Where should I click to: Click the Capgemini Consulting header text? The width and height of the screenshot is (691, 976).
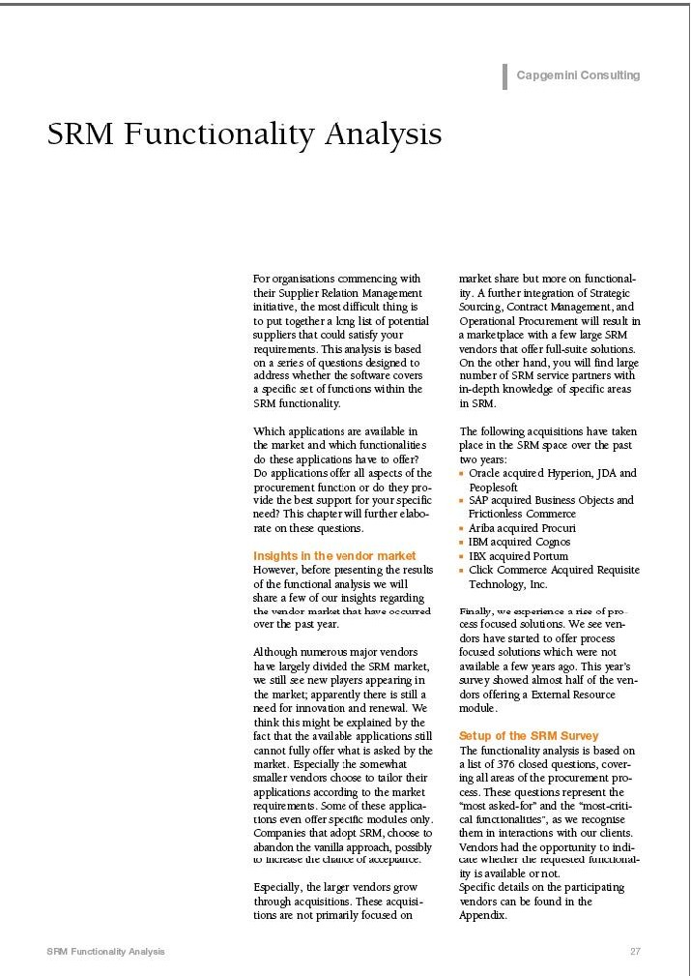(x=578, y=75)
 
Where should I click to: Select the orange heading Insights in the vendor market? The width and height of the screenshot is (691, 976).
(x=334, y=556)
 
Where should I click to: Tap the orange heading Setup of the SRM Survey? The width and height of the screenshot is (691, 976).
(x=529, y=736)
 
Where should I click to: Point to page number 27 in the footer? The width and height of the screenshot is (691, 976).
(x=635, y=952)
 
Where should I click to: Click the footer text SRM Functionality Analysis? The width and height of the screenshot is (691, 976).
(x=105, y=952)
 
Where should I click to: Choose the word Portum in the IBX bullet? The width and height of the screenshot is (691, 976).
(x=550, y=556)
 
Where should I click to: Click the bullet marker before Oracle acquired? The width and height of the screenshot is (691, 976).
(x=462, y=474)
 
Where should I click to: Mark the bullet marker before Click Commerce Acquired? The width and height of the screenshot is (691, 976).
(x=462, y=571)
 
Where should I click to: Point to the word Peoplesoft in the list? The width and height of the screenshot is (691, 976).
(x=493, y=488)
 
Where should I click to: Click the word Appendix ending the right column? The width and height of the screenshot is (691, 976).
(x=482, y=915)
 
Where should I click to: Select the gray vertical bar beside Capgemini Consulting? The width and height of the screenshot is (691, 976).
(x=504, y=75)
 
